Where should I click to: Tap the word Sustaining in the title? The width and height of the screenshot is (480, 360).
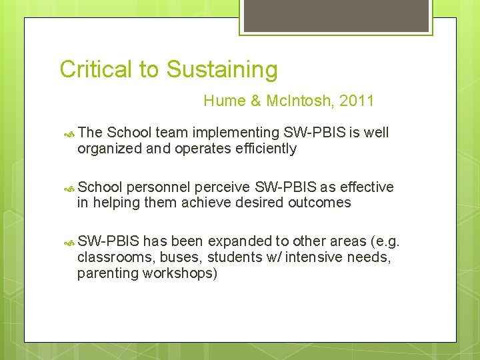(222, 69)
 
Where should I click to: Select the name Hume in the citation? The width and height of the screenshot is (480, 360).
(225, 101)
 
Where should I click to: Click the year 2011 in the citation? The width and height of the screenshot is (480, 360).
(357, 101)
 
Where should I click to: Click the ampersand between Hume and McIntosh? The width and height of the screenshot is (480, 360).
(255, 101)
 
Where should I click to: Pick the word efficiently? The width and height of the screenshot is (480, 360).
(265, 148)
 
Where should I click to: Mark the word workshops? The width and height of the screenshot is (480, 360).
(181, 273)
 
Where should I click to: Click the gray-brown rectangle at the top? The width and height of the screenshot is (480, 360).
(337, 15)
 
